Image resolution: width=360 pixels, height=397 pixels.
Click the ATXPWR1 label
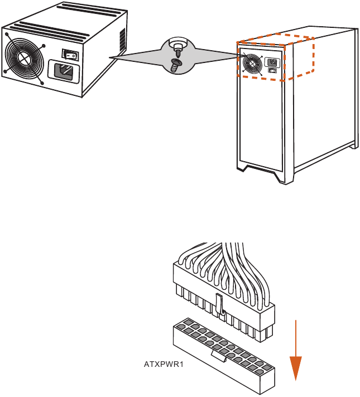pos(164,364)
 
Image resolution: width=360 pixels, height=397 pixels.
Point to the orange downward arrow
pos(296,350)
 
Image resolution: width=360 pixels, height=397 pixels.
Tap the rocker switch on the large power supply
pos(70,55)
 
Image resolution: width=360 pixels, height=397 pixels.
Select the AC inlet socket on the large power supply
pos(64,71)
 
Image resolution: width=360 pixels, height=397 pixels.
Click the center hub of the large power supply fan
pos(25,59)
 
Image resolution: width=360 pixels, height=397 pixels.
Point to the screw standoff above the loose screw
pos(178,47)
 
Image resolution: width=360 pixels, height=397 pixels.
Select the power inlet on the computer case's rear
pos(272,62)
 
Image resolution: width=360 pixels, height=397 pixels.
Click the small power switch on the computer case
pos(272,71)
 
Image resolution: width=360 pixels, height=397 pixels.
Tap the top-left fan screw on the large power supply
pos(7,34)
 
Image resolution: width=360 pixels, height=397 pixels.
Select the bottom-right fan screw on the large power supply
pos(42,83)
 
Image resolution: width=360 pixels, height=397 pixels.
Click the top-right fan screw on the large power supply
pos(44,46)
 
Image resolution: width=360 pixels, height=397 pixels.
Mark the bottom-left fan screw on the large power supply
pos(5,72)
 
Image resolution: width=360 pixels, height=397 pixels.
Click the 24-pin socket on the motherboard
pos(224,356)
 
